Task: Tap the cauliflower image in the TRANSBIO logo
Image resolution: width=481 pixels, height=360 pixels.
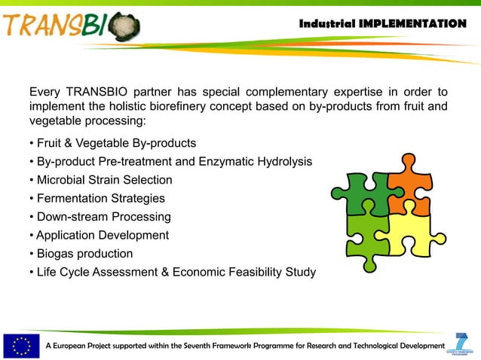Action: pos(124,28)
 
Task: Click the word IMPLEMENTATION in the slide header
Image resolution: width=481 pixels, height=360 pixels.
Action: pos(412,23)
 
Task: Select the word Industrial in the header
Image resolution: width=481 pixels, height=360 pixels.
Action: pos(327,23)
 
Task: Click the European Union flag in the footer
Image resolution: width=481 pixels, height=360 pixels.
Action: pos(21,345)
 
